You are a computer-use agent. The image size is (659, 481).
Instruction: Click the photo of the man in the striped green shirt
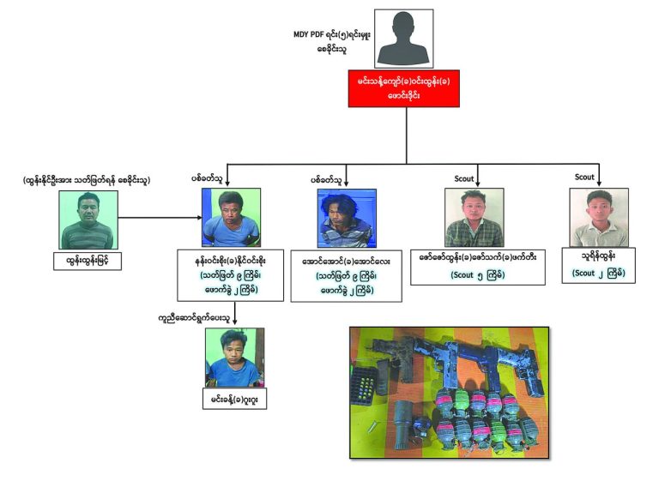(88, 219)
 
